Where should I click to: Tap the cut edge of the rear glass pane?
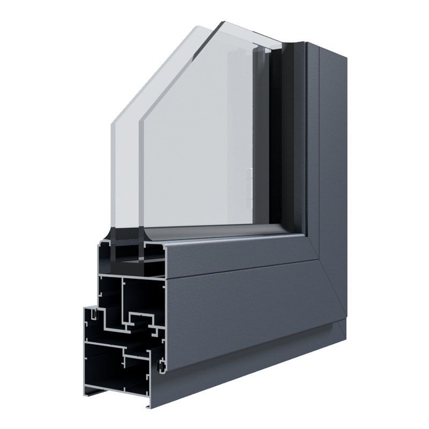click(140, 177)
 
